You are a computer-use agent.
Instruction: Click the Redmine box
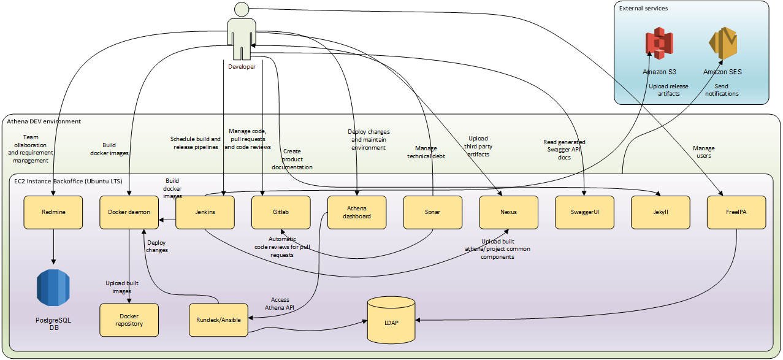tap(53, 212)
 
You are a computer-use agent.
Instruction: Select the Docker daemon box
tap(129, 212)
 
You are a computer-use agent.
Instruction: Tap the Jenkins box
tap(205, 212)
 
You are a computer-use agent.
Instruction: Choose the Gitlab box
tap(281, 212)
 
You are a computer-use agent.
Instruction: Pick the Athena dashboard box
tap(357, 212)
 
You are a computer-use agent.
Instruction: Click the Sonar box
tap(433, 212)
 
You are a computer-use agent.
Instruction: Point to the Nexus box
tap(508, 212)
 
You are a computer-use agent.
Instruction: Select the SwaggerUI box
tap(584, 212)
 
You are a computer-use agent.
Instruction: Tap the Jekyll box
tap(660, 212)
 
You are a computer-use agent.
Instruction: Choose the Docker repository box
tap(129, 320)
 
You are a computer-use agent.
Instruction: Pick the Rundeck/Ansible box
tap(218, 320)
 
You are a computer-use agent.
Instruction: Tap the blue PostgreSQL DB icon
tap(53, 288)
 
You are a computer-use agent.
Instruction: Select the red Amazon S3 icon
tap(659, 44)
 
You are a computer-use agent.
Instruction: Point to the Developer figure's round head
tap(242, 9)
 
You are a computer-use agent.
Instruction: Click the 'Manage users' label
tap(703, 152)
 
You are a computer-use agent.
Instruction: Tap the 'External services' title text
tap(643, 9)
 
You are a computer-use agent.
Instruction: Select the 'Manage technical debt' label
tap(426, 151)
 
